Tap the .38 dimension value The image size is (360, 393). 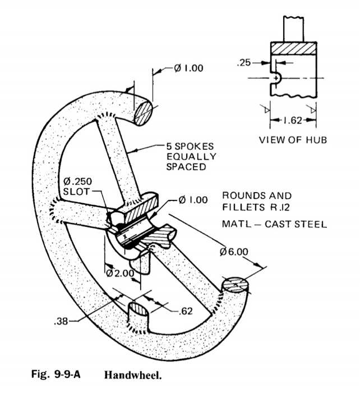click(x=61, y=322)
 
